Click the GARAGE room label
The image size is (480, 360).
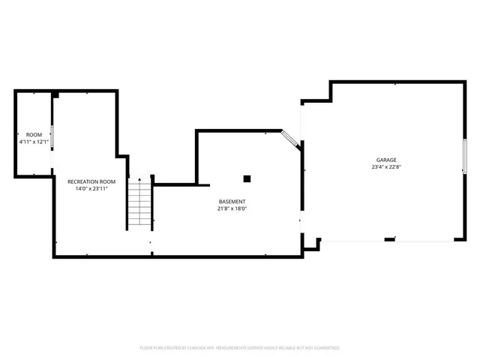tap(387, 160)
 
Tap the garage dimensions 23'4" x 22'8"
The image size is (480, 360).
tap(387, 167)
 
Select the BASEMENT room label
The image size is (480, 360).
tap(232, 202)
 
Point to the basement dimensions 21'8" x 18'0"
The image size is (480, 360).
tap(232, 209)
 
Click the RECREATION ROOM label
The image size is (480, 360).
tap(91, 181)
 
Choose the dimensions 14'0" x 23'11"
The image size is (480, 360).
tap(91, 189)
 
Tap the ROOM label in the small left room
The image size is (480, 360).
tap(34, 134)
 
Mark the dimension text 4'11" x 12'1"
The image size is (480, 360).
tap(34, 142)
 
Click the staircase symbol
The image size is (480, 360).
tap(139, 204)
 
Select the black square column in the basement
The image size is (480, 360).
tap(247, 178)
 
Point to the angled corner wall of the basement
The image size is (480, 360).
tap(291, 139)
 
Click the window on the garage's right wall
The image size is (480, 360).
tap(464, 157)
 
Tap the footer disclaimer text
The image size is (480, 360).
tap(240, 348)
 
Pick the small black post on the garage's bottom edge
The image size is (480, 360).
tap(390, 240)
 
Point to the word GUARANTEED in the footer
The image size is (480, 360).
tap(325, 348)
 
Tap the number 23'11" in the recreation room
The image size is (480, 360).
tap(100, 189)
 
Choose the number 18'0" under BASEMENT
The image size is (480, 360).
tap(241, 209)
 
